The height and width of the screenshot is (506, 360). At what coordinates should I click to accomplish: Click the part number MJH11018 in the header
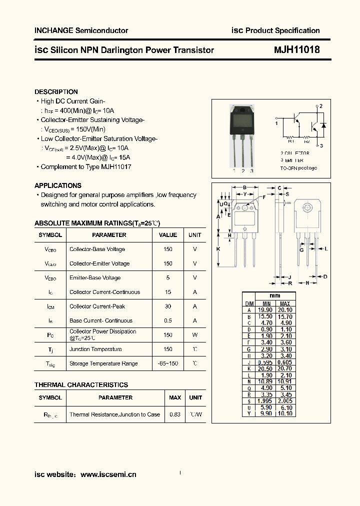[296, 50]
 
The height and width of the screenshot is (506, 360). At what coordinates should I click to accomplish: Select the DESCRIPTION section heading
[56, 92]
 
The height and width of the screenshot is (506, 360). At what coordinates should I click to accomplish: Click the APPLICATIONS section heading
[58, 185]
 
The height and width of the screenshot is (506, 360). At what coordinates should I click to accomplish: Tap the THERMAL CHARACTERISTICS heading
[81, 385]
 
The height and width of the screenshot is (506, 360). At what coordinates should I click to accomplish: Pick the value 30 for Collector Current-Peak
[168, 306]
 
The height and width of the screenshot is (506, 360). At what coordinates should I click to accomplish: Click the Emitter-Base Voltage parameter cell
[95, 278]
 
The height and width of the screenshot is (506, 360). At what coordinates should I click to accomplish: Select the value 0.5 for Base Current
[168, 321]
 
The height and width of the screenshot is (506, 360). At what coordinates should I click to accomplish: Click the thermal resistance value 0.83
[175, 414]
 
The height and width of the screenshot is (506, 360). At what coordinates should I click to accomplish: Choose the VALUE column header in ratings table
[168, 235]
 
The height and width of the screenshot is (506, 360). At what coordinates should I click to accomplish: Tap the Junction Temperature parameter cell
[95, 349]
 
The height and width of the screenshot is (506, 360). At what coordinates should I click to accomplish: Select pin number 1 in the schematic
[276, 122]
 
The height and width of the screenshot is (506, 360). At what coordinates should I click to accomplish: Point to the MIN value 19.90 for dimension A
[266, 310]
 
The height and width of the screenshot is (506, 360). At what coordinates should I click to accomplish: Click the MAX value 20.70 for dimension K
[284, 368]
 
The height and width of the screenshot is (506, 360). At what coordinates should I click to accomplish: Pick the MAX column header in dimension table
[284, 303]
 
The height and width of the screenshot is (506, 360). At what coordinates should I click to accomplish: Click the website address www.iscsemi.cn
[108, 475]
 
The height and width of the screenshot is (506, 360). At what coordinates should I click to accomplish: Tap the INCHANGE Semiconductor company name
[81, 30]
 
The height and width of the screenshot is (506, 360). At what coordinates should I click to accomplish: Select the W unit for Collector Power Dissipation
[195, 335]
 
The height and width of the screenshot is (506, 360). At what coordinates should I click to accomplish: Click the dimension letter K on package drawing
[218, 248]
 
